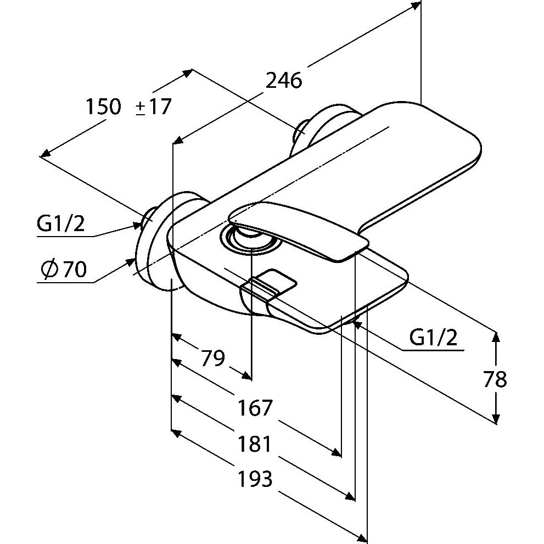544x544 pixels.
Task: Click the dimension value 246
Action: click(284, 81)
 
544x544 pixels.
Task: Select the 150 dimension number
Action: click(103, 106)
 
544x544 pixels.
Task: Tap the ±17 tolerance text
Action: click(153, 106)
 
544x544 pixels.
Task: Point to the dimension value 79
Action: click(213, 358)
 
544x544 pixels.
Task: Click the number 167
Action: click(255, 408)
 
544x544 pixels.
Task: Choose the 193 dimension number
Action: click(255, 479)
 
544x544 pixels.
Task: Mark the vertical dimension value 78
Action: click(495, 379)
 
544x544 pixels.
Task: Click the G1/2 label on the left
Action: click(61, 224)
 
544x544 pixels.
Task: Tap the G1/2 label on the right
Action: click(433, 337)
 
